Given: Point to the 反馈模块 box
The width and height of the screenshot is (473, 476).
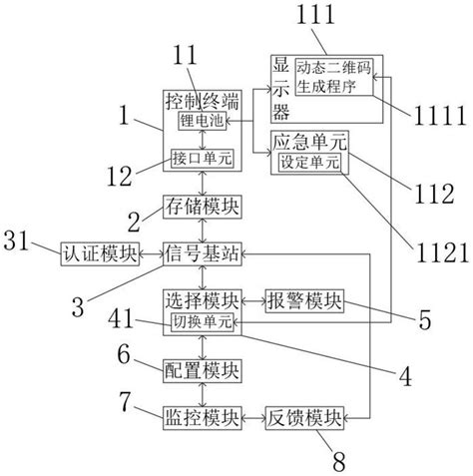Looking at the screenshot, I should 304,416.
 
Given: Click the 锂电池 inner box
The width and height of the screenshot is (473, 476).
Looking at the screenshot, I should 201,121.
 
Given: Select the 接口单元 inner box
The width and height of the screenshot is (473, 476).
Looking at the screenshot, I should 200,159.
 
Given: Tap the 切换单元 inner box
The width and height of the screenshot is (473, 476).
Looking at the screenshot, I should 201,321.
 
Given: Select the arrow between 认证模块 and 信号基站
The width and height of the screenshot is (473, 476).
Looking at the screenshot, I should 151,253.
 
